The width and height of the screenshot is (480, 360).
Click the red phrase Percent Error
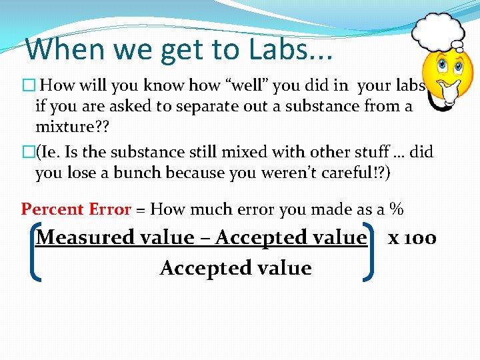(x=76, y=209)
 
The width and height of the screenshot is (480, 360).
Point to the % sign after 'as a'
(x=397, y=209)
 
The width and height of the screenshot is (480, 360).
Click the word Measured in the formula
(x=81, y=237)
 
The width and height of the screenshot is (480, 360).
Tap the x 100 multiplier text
(x=412, y=237)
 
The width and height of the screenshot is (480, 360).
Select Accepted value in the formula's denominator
(x=235, y=268)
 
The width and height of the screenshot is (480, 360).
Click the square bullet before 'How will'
(x=27, y=86)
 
